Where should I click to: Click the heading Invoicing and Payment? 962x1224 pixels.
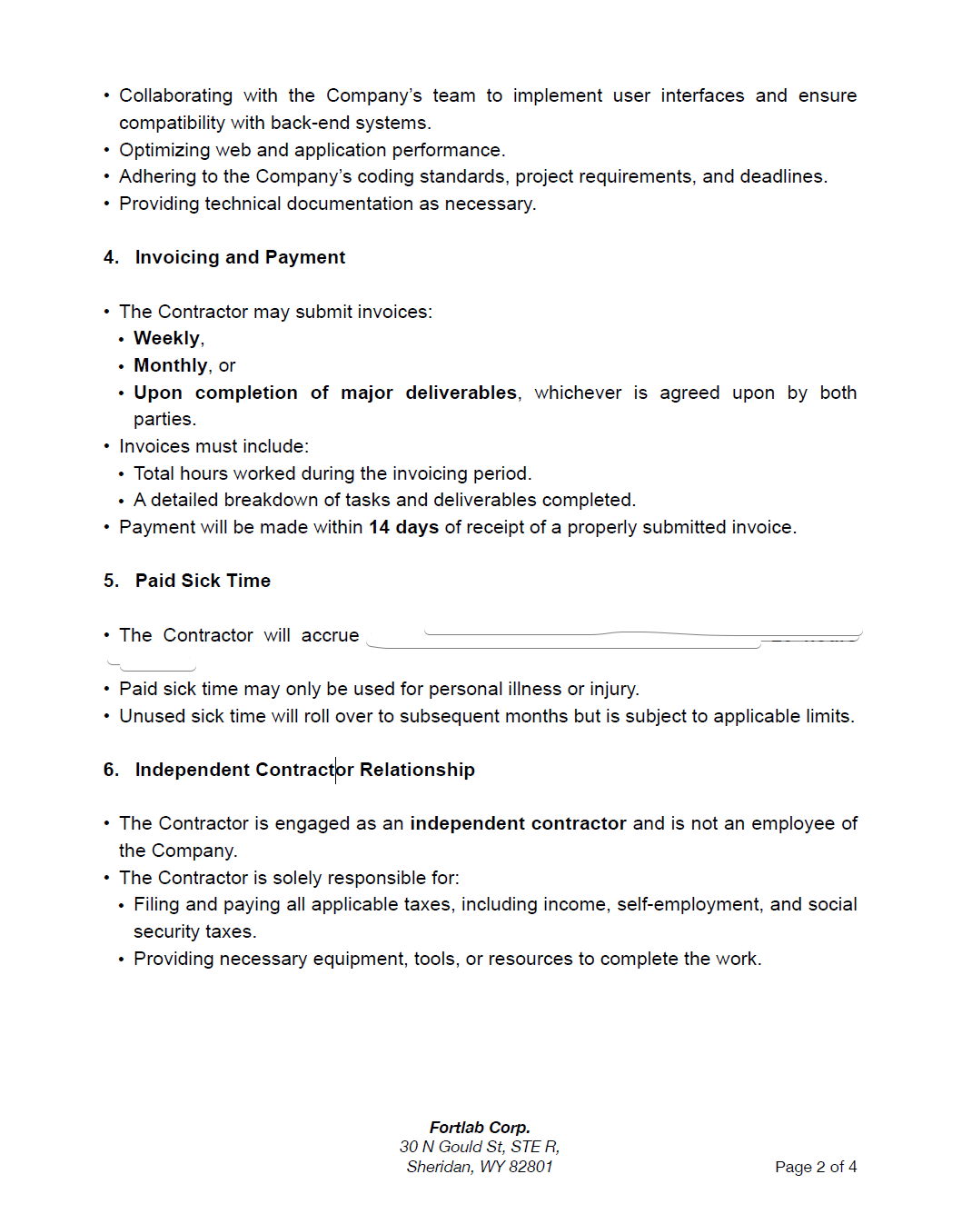[240, 257]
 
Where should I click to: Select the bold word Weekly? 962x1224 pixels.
[167, 338]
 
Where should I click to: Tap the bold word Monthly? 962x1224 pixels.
[171, 365]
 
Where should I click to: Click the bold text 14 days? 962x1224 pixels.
[403, 527]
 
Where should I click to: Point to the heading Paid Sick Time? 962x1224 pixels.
[203, 581]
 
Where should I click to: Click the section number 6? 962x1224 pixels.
[111, 770]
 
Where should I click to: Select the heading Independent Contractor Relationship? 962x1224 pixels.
[304, 770]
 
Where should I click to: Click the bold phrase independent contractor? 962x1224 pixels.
[518, 823]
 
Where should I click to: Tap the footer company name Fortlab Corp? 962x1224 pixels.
[480, 1128]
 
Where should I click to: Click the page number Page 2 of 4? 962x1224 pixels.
[816, 1167]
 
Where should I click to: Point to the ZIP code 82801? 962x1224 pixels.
[531, 1167]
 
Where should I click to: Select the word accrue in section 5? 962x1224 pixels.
[330, 635]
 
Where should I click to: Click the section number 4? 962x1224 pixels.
[111, 257]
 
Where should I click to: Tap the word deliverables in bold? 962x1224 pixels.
[461, 393]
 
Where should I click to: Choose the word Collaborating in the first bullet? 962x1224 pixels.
[175, 95]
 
